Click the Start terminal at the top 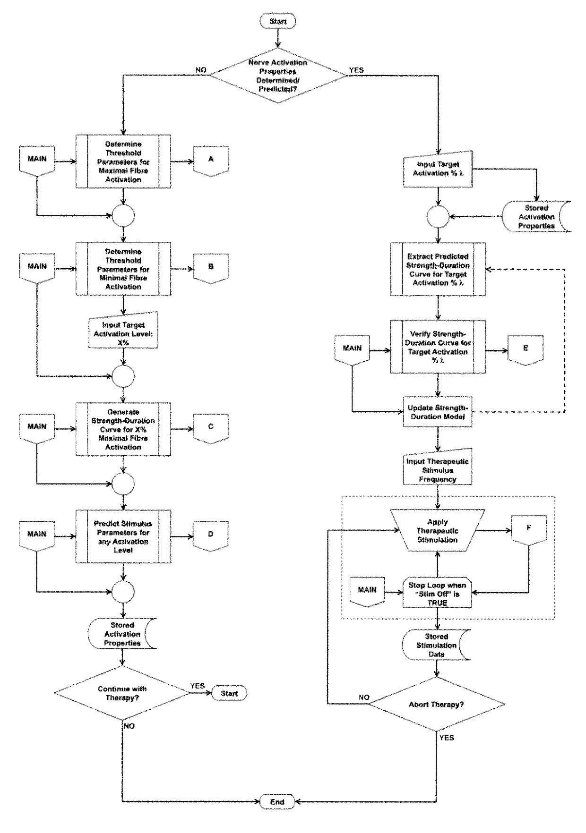click(x=278, y=21)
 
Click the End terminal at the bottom click(x=277, y=802)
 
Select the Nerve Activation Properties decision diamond click(x=277, y=75)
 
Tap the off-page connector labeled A click(x=211, y=161)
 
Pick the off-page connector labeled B click(x=211, y=268)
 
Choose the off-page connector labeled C click(x=211, y=428)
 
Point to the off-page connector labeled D click(x=211, y=535)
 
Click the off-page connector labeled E click(x=526, y=350)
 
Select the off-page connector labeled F click(x=529, y=530)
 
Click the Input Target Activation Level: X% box click(x=123, y=330)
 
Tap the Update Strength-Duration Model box click(x=437, y=412)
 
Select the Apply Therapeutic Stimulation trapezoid click(x=437, y=531)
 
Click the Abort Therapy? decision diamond click(x=436, y=705)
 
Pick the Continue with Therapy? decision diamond click(x=122, y=693)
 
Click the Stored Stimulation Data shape click(x=436, y=645)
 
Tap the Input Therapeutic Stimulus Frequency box click(x=438, y=467)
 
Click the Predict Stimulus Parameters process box click(x=123, y=536)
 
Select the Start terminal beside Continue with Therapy click(x=229, y=693)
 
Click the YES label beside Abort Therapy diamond click(x=446, y=738)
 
